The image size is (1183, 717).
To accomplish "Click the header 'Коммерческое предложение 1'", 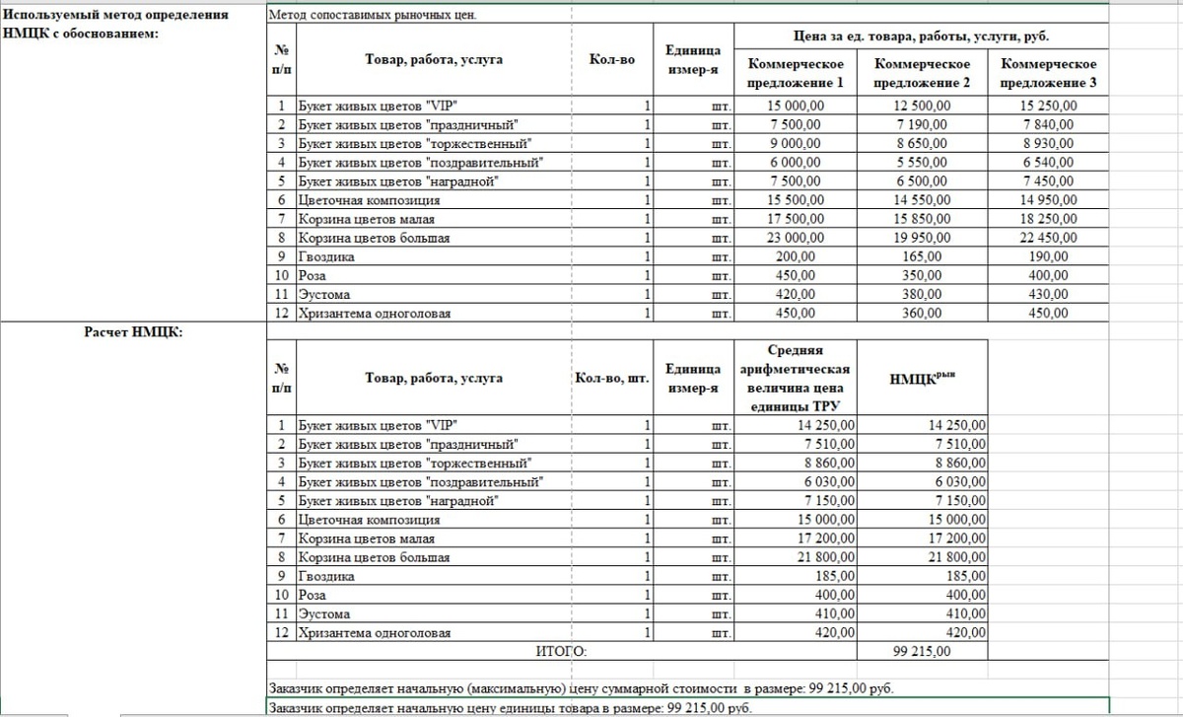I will [795, 73].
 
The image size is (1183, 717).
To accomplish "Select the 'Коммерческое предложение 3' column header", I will [1048, 73].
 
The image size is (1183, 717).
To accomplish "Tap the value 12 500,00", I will [922, 106].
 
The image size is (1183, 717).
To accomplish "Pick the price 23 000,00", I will [795, 238].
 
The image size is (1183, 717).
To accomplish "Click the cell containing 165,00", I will [922, 256].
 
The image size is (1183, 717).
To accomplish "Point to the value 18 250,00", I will [1050, 219].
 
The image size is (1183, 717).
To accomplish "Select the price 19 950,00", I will [922, 238].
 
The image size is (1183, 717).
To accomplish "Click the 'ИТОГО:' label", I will [561, 652].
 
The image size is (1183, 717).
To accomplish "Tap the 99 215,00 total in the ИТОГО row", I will [923, 652].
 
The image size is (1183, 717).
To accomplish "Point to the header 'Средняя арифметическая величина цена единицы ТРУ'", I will [795, 378].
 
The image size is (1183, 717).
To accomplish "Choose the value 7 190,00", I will [922, 124].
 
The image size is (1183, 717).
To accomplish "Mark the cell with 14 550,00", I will [922, 200].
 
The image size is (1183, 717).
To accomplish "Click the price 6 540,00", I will [1050, 163].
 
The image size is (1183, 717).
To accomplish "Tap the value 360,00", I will [922, 314].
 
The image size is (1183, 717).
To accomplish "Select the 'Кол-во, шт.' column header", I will [611, 378].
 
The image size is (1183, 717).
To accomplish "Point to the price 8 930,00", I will [1050, 144].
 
